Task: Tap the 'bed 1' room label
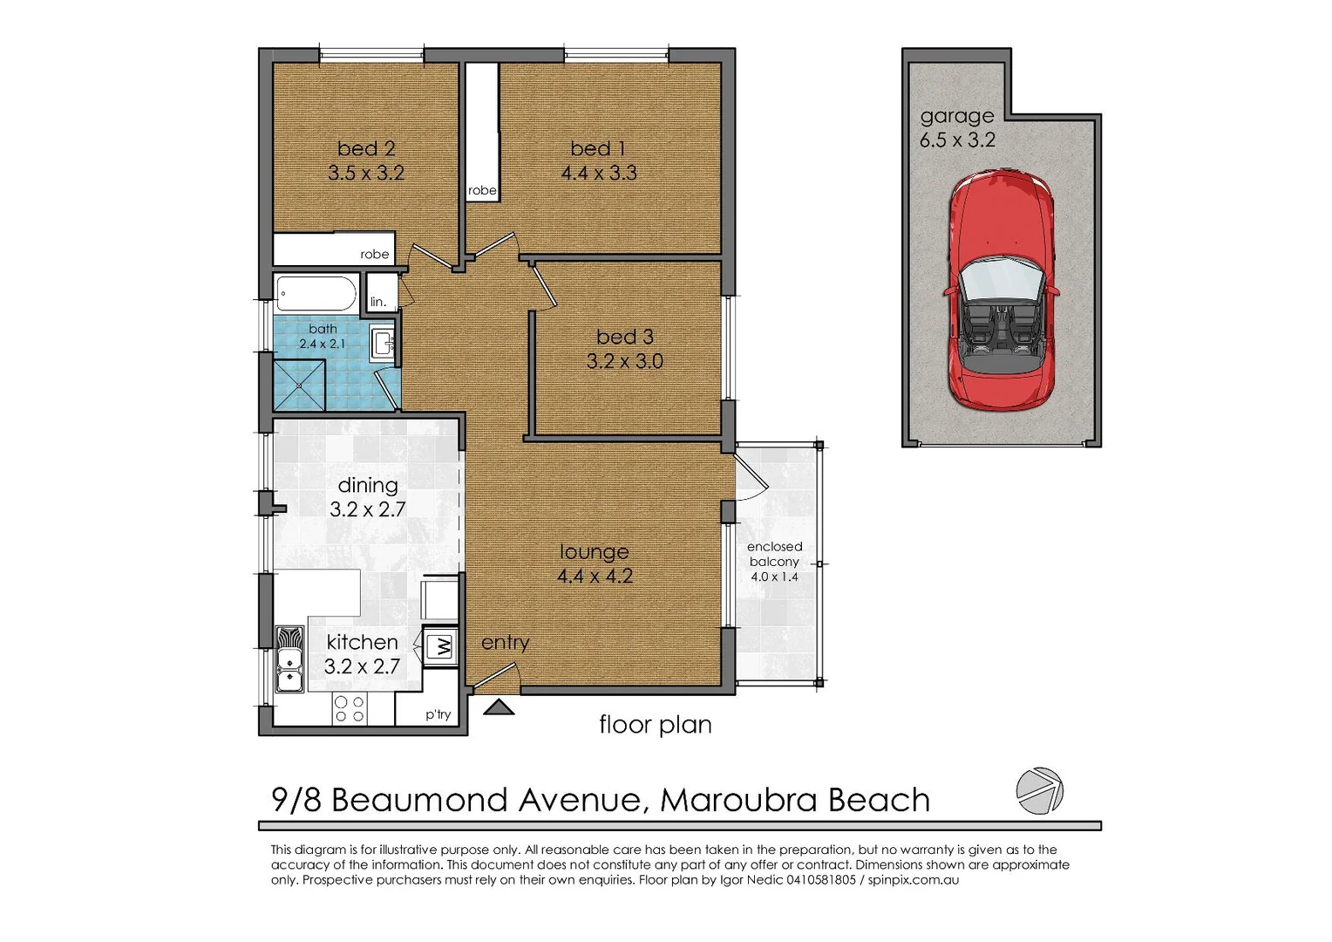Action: tap(598, 148)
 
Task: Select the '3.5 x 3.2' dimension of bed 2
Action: tap(366, 173)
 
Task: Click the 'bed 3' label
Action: tap(624, 337)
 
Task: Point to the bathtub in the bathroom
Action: tap(316, 294)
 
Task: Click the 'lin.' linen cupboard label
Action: tap(378, 303)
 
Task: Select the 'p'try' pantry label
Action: tap(438, 714)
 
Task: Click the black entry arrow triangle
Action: tap(499, 707)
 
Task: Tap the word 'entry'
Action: tap(505, 643)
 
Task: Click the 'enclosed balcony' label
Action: tap(774, 555)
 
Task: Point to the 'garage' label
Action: tap(956, 116)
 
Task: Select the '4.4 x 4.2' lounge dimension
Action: tap(595, 576)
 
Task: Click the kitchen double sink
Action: tap(289, 659)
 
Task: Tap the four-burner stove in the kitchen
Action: tap(350, 709)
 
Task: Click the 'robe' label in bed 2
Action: tap(374, 255)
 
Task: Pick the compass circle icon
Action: tap(1040, 791)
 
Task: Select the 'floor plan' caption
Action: tap(655, 725)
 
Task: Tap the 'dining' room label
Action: tap(367, 485)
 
